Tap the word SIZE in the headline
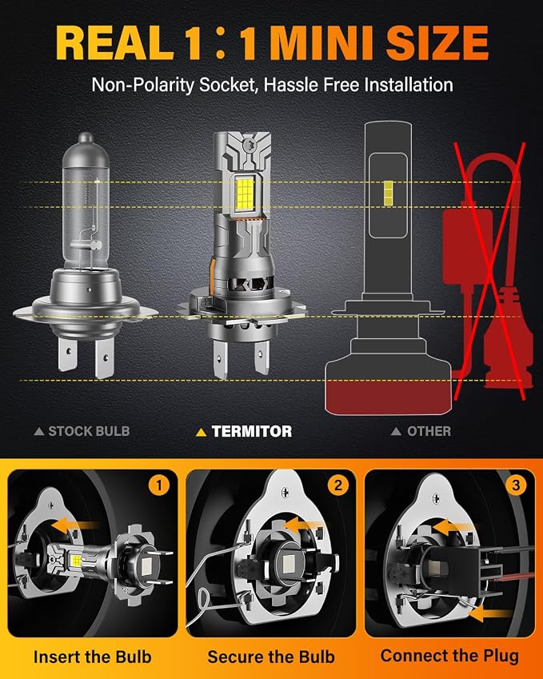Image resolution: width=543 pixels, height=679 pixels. [x=437, y=43]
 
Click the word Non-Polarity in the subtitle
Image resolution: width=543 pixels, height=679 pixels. [x=142, y=85]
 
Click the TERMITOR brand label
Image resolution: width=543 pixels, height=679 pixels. [x=252, y=431]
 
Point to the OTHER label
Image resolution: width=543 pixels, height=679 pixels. [x=429, y=431]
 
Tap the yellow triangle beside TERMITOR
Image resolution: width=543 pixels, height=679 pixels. [x=201, y=432]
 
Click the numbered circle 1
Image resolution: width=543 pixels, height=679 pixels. [x=159, y=485]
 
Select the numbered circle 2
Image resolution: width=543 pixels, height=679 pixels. [x=337, y=485]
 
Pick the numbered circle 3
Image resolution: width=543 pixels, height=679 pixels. [x=516, y=485]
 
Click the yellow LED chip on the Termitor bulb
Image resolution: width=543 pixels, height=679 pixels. [x=245, y=194]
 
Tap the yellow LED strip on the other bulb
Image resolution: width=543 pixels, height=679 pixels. [x=389, y=194]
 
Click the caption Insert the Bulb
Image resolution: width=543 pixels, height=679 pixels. [x=93, y=657]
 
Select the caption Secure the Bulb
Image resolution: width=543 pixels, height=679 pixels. [x=271, y=657]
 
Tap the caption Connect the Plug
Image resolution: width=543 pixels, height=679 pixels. [x=449, y=656]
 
